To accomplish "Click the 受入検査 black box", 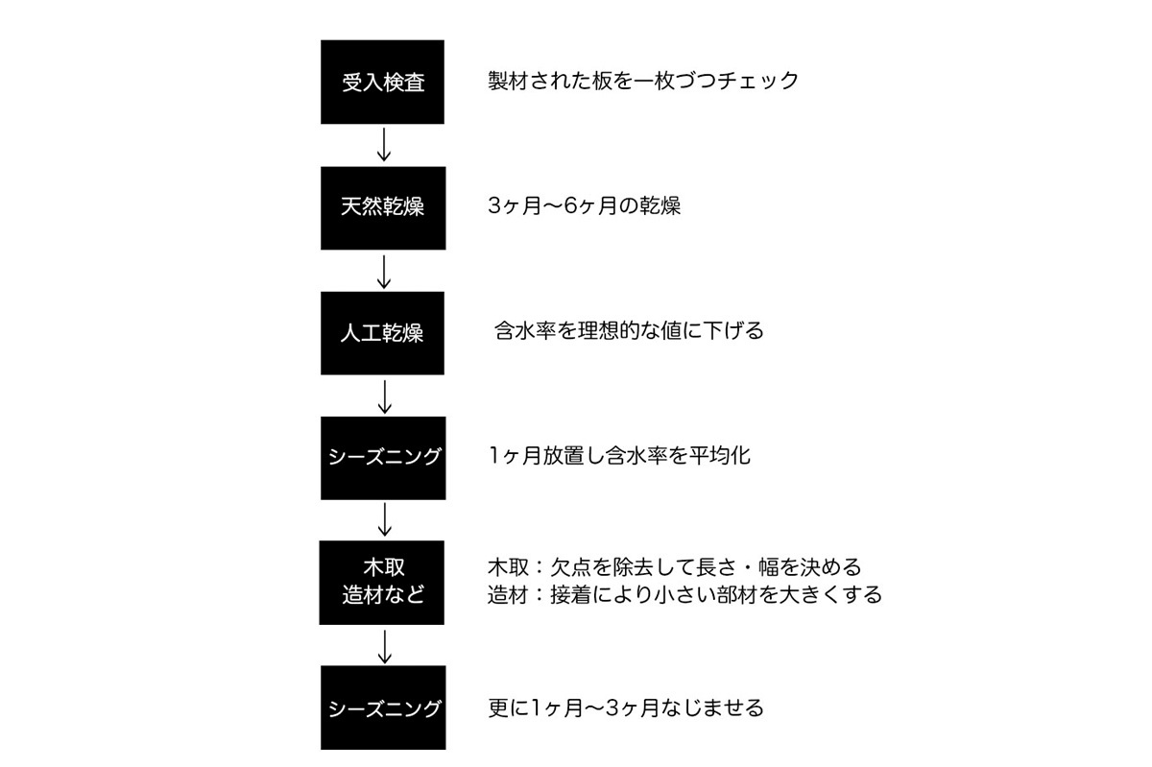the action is pyautogui.click(x=382, y=82).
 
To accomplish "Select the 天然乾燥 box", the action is pyautogui.click(x=383, y=207).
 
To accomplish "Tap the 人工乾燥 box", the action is pyautogui.click(x=382, y=333).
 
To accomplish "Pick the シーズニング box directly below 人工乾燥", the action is pyautogui.click(x=383, y=458).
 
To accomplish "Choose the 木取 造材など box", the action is pyautogui.click(x=382, y=583).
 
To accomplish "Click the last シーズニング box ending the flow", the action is pyautogui.click(x=383, y=707).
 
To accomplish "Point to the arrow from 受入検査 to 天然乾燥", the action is pyautogui.click(x=384, y=145).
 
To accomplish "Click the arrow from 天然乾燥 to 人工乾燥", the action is pyautogui.click(x=384, y=272).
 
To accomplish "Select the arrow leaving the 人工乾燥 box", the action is pyautogui.click(x=385, y=396).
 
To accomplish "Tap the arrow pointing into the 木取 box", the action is pyautogui.click(x=385, y=519).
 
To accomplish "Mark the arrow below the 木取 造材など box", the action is pyautogui.click(x=385, y=647).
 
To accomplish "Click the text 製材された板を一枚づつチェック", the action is pyautogui.click(x=643, y=81).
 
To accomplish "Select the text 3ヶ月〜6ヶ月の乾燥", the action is pyautogui.click(x=585, y=205).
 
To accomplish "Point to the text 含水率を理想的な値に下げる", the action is pyautogui.click(x=629, y=330).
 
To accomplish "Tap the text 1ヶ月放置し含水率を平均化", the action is pyautogui.click(x=620, y=455).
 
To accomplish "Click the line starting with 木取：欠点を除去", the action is pyautogui.click(x=674, y=567).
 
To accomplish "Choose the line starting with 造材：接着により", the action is pyautogui.click(x=684, y=594).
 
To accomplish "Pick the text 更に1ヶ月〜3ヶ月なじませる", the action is pyautogui.click(x=625, y=707).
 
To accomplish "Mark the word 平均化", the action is pyautogui.click(x=720, y=455).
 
